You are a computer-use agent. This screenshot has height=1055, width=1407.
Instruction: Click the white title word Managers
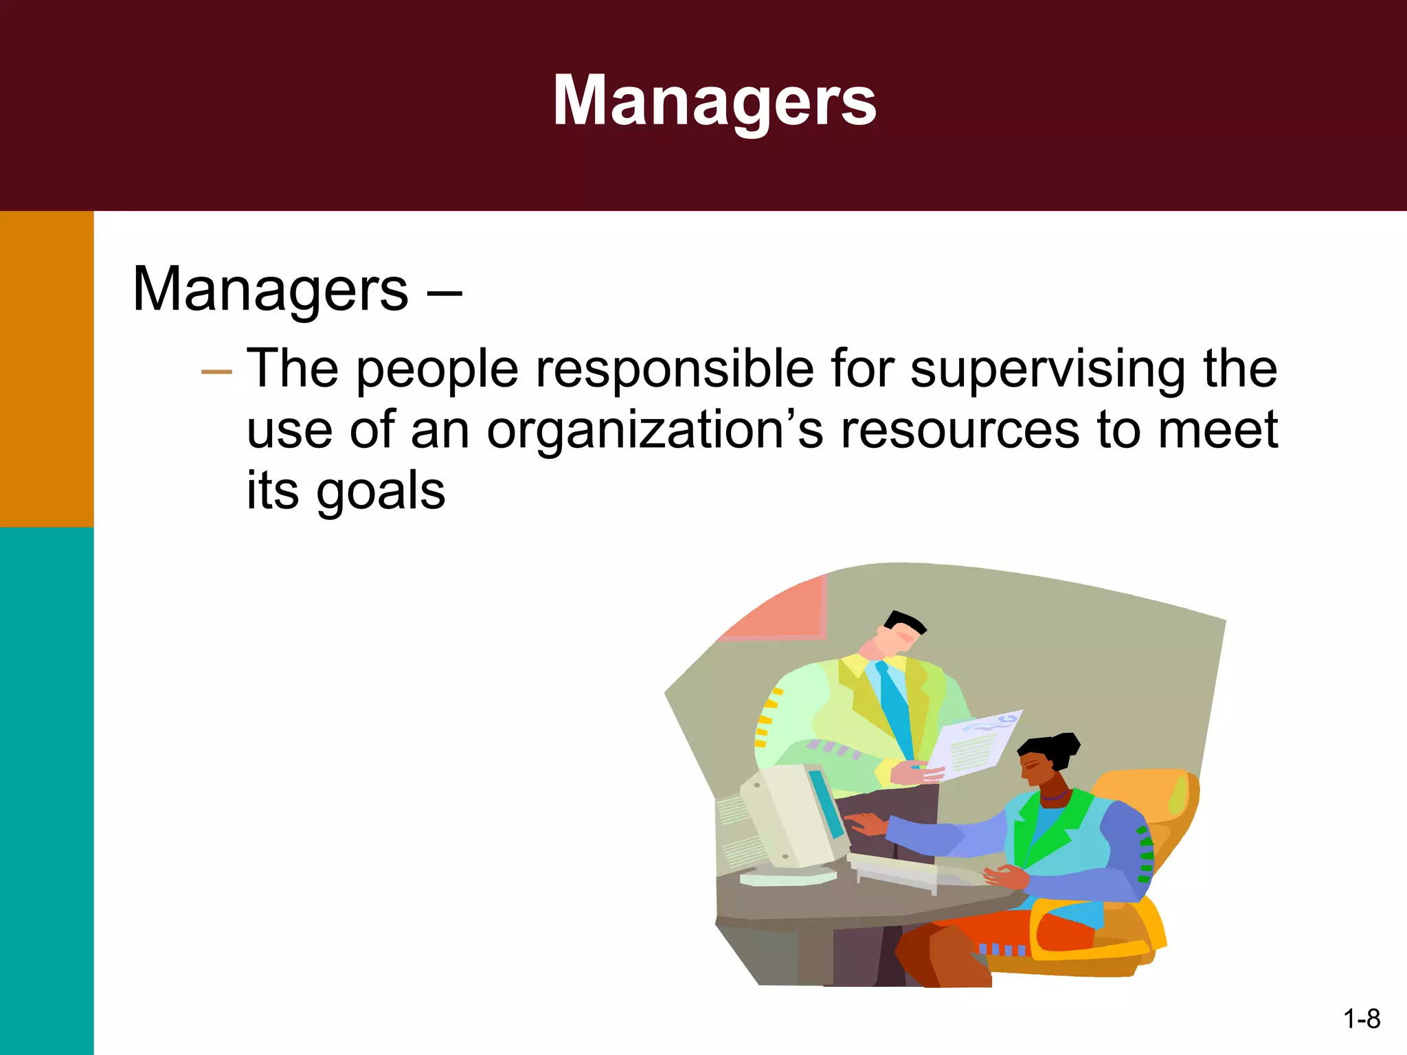(x=714, y=101)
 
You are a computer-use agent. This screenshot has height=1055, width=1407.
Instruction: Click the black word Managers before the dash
(x=270, y=290)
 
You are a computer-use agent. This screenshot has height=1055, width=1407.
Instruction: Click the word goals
(x=380, y=492)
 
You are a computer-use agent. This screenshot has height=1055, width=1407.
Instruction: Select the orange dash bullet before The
(x=216, y=372)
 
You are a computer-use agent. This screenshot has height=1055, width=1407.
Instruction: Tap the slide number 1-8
(x=1361, y=1019)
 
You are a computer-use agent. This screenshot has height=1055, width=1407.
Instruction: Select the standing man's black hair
(x=905, y=622)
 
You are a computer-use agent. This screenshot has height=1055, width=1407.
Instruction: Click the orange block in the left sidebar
(x=47, y=369)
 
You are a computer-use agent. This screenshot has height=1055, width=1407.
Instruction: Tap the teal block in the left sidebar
(x=47, y=790)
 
